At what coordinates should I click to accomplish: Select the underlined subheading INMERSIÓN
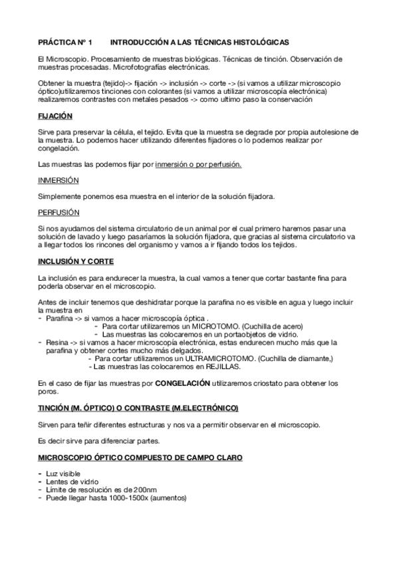click(x=58, y=180)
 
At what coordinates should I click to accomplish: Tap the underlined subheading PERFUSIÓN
click(x=58, y=212)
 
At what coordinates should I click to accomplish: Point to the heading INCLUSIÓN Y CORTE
click(x=76, y=261)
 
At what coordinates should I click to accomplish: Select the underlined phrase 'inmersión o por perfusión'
click(x=198, y=164)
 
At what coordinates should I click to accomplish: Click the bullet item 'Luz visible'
click(x=64, y=474)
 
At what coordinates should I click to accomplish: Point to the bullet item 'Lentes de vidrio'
click(x=72, y=482)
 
